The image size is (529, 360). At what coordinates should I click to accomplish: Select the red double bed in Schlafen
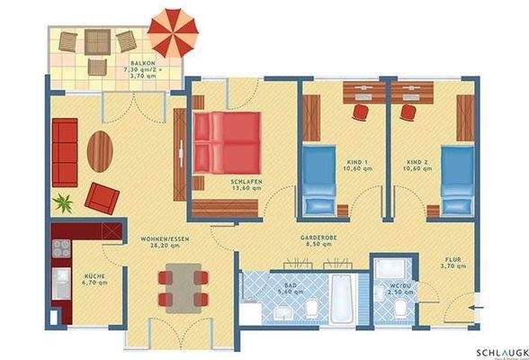click(x=228, y=143)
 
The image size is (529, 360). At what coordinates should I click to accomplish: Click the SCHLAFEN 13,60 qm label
click(x=246, y=185)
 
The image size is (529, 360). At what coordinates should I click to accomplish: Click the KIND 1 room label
click(x=359, y=166)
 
